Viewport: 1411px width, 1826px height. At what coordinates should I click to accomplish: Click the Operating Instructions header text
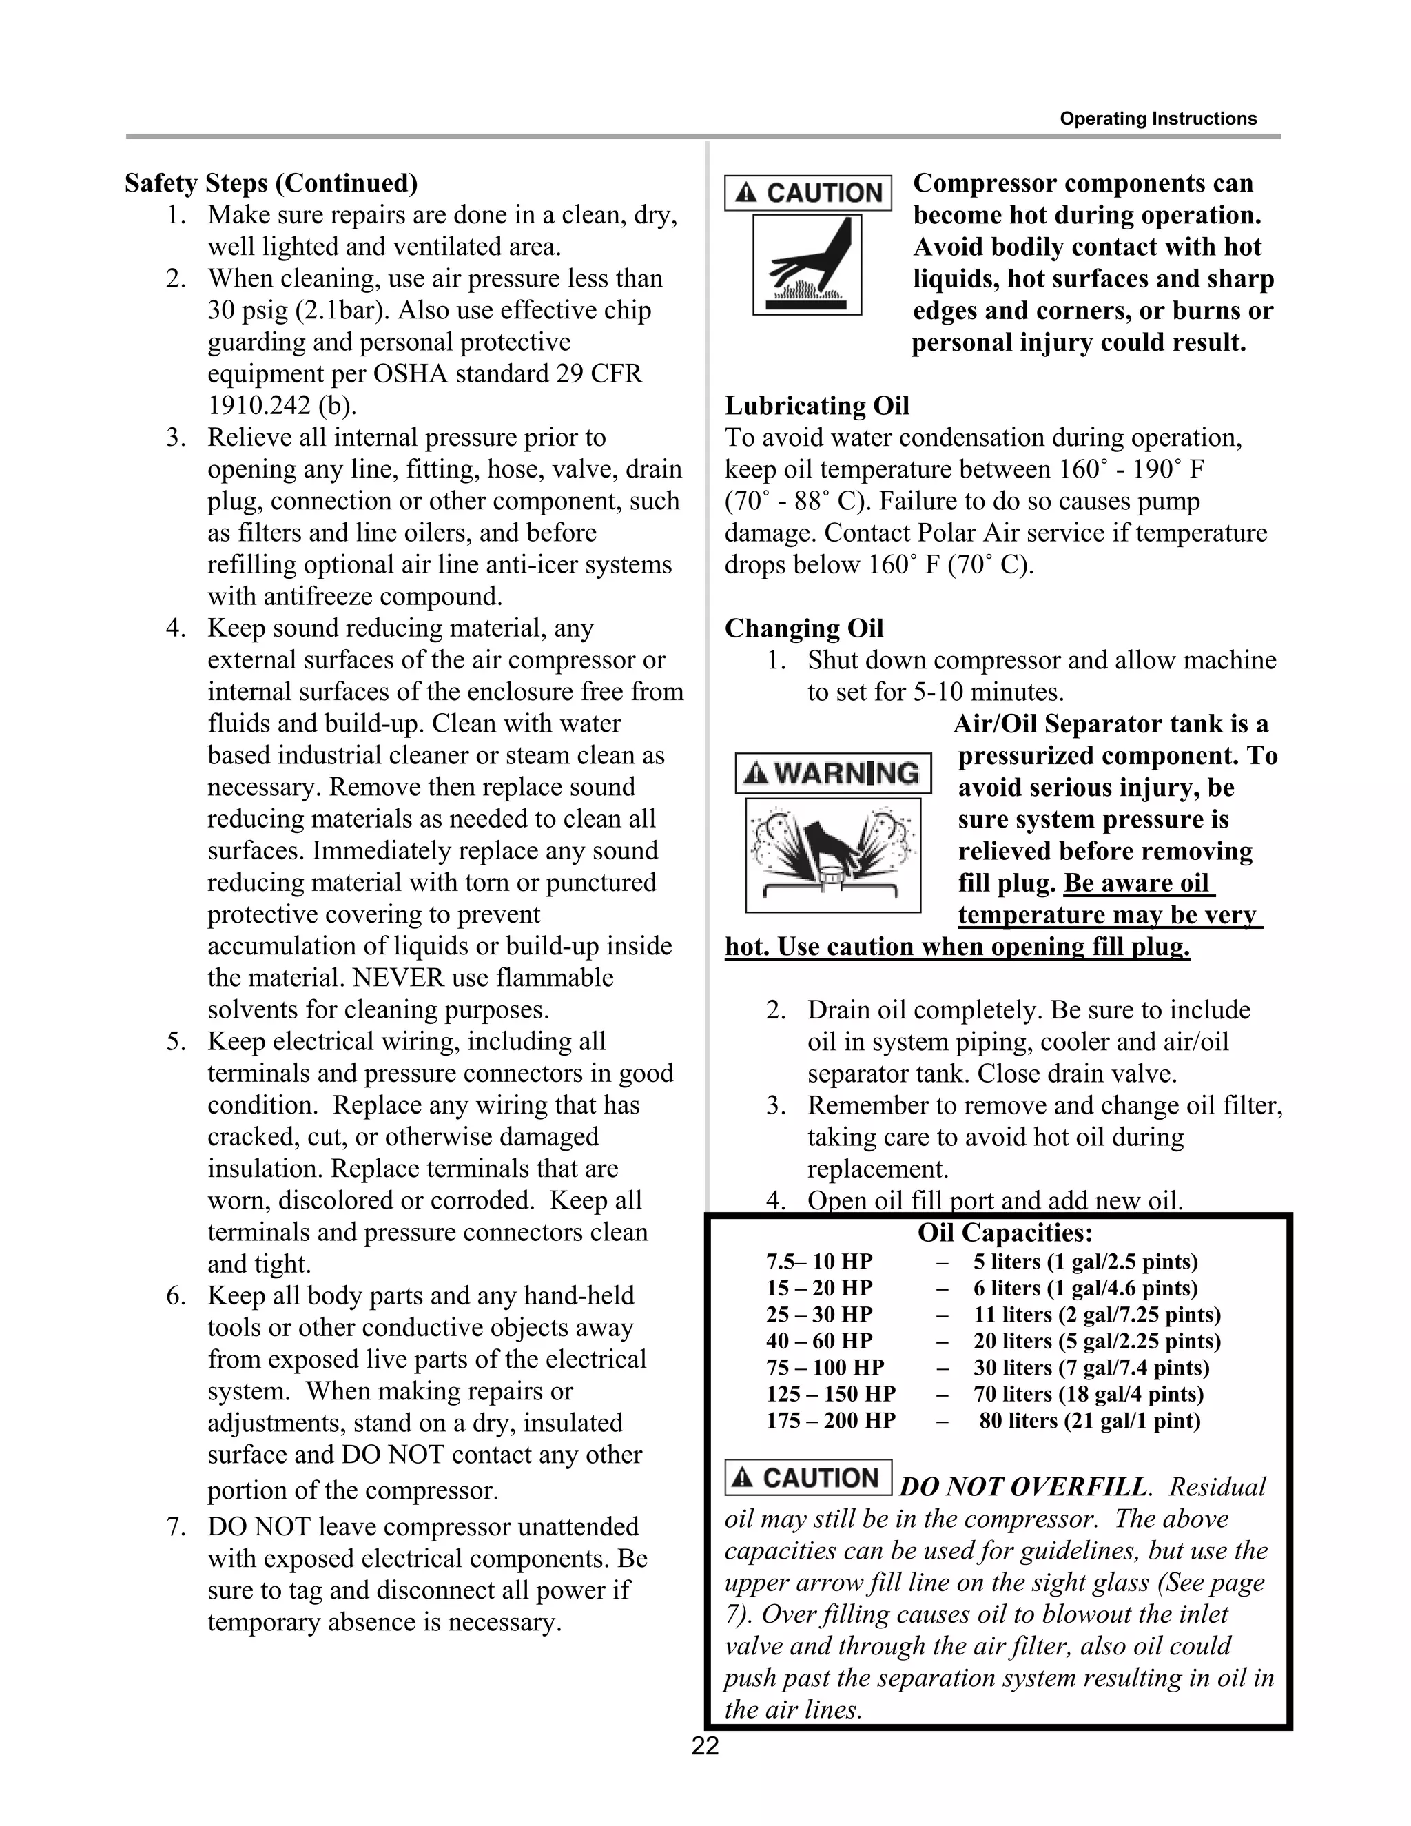pos(1157,119)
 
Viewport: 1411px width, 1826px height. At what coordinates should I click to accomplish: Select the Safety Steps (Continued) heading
pos(271,183)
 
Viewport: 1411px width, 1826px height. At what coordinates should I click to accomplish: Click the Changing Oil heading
pos(803,628)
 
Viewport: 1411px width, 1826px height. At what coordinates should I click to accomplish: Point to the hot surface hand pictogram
pos(807,265)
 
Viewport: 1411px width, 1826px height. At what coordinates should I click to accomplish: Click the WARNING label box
pos(832,772)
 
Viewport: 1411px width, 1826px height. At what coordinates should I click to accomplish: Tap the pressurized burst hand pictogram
pos(832,854)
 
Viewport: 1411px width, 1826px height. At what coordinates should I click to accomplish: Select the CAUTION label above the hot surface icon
pos(807,192)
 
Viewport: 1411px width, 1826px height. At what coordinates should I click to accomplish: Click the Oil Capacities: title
pos(1005,1233)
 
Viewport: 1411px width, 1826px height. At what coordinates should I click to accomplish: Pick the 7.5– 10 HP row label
pos(818,1262)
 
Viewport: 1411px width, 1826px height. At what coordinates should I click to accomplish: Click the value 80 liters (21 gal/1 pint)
pos(1089,1421)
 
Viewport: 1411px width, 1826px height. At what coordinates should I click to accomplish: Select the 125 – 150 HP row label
pos(830,1394)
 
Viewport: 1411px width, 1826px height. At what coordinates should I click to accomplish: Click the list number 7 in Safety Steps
pos(175,1527)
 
